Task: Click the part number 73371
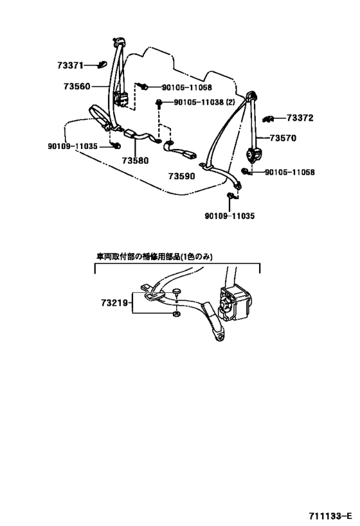(70, 66)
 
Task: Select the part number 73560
(77, 87)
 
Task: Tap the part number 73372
(300, 118)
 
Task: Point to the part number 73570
(283, 138)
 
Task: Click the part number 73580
(136, 161)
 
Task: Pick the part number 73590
(182, 176)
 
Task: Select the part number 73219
(114, 303)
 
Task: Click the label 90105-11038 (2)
(204, 102)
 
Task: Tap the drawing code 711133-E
(330, 516)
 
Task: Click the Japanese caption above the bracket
(155, 257)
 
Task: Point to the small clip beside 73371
(102, 64)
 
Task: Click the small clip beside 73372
(268, 118)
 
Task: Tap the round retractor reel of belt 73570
(253, 155)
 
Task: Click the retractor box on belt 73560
(122, 100)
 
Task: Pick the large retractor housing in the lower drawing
(235, 302)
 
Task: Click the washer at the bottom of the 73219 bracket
(175, 314)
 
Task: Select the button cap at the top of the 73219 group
(177, 292)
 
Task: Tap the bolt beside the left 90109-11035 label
(116, 146)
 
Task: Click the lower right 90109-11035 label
(230, 216)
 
